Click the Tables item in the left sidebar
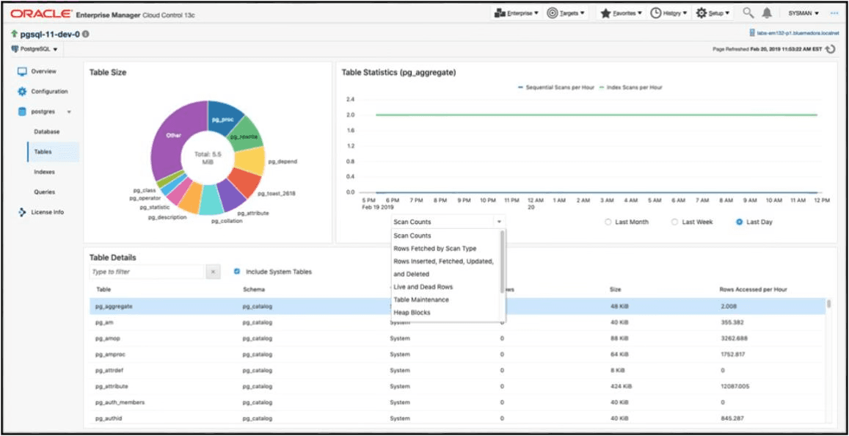click(43, 152)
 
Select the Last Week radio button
click(674, 222)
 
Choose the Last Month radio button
click(608, 222)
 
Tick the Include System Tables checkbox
click(237, 272)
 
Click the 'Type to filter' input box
click(145, 272)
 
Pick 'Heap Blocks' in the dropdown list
click(412, 313)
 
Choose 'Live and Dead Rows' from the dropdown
click(423, 287)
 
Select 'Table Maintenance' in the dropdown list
click(420, 299)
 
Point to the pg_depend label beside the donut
click(282, 161)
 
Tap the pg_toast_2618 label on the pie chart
click(276, 194)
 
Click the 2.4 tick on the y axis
click(350, 99)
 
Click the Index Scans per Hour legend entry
click(634, 87)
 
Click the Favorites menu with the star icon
click(621, 13)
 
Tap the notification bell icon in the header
click(767, 13)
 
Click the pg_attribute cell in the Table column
click(112, 386)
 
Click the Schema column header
click(254, 290)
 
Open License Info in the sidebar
click(47, 212)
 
